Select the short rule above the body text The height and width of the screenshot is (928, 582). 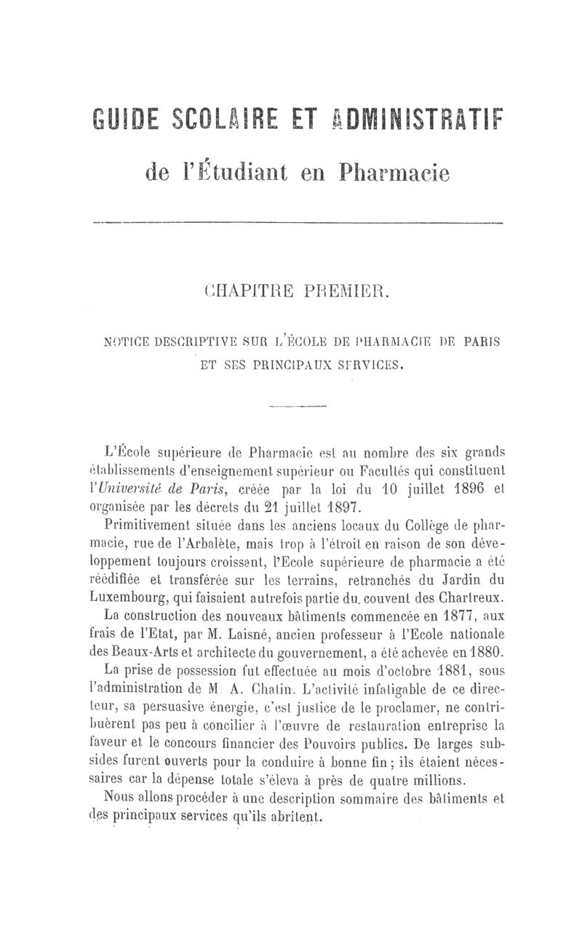pyautogui.click(x=298, y=406)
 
